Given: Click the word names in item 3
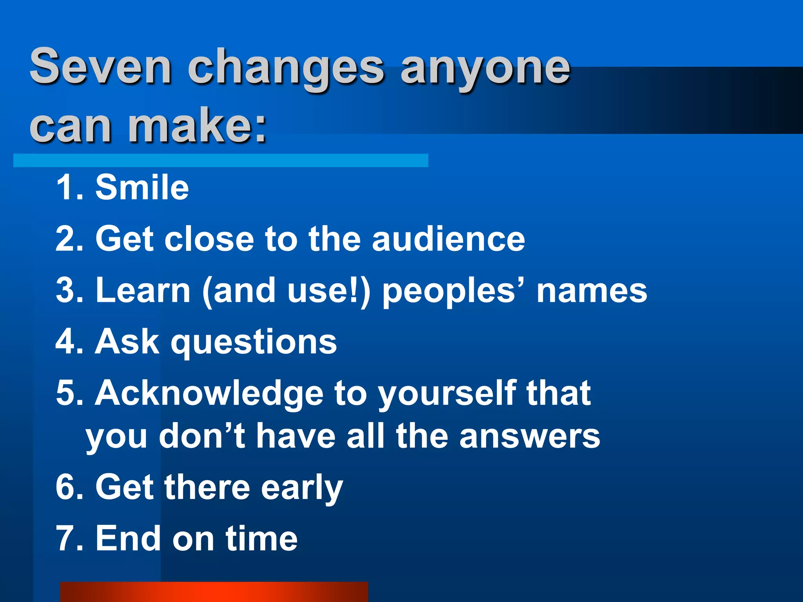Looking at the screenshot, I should [592, 291].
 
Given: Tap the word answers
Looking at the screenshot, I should [529, 437].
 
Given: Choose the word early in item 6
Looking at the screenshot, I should [302, 488].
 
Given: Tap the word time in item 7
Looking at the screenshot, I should [262, 539].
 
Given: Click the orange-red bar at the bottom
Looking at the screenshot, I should [214, 592].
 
